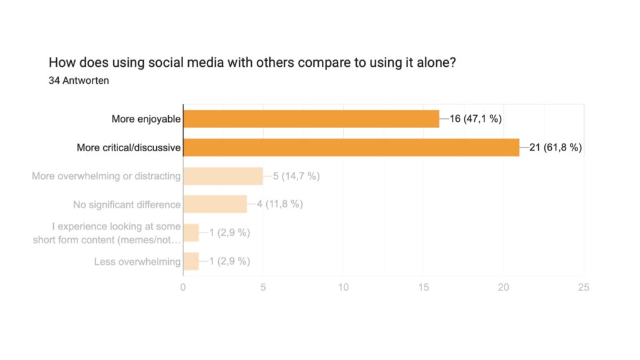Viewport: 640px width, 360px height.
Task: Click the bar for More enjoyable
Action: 311,119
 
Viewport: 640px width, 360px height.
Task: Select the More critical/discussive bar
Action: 351,147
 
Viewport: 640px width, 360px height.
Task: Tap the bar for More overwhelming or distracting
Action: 222,176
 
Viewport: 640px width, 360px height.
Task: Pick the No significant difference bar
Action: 214,204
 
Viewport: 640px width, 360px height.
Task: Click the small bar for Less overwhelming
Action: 191,261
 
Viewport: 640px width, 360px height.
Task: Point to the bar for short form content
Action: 191,232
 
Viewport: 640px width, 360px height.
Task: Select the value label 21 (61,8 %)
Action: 556,147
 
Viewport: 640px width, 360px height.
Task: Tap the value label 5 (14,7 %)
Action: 296,176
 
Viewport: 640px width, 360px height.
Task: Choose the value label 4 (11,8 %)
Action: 280,204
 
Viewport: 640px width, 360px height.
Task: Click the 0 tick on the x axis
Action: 183,287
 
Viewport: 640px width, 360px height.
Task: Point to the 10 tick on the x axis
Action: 343,287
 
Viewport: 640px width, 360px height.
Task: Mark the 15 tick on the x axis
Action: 424,287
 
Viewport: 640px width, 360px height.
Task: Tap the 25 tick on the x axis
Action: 584,287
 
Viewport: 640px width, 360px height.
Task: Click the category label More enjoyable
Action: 146,119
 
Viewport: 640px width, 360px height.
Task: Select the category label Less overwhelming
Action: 137,261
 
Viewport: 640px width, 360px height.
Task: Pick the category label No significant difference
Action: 127,204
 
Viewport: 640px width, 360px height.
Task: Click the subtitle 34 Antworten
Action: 79,80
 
